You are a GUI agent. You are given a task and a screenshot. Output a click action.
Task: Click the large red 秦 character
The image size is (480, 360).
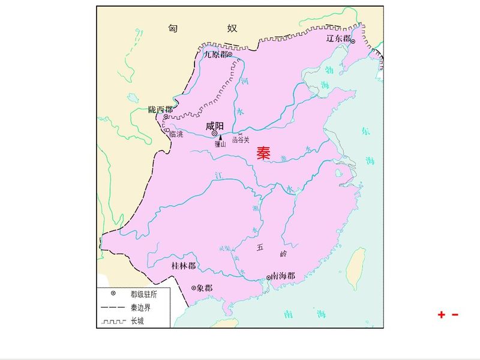click(x=263, y=153)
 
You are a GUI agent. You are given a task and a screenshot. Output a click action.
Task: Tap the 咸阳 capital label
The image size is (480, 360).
click(x=214, y=126)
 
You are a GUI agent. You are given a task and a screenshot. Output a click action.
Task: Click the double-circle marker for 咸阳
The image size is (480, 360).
click(x=215, y=134)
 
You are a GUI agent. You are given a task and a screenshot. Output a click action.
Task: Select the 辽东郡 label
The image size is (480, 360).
click(x=338, y=38)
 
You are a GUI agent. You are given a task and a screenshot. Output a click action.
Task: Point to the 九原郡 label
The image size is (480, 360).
click(x=215, y=54)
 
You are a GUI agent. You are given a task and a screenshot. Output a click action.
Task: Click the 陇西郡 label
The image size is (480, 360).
click(x=160, y=110)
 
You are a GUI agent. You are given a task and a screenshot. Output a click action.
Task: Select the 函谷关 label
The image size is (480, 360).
click(x=240, y=140)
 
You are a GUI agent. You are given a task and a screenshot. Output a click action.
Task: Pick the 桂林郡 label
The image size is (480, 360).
click(x=183, y=265)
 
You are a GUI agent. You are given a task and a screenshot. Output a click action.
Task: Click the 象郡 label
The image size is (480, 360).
click(x=204, y=288)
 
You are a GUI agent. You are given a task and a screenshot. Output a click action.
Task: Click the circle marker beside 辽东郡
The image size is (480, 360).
click(x=353, y=41)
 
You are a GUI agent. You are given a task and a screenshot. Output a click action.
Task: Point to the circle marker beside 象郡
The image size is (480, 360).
click(x=193, y=288)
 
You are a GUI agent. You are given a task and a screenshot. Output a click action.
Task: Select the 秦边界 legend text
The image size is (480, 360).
click(x=141, y=307)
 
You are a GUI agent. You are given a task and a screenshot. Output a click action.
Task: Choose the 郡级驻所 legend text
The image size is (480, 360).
click(x=144, y=294)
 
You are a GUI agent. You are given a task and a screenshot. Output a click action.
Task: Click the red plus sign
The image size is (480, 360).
click(x=442, y=314)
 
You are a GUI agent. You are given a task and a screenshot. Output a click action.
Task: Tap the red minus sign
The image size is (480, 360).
click(x=455, y=314)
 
